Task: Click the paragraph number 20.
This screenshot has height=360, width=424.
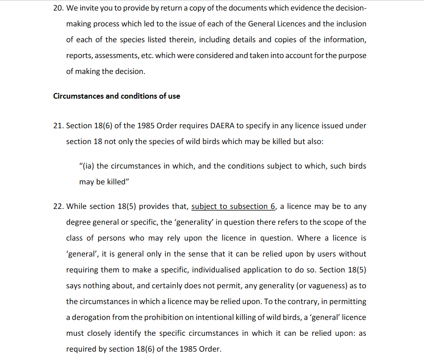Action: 58,8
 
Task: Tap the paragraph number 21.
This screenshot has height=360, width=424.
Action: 58,126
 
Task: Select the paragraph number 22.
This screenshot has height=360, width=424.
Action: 58,206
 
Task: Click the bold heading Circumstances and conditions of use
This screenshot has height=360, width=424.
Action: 117,96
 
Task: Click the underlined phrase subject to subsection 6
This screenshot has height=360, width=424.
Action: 233,206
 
